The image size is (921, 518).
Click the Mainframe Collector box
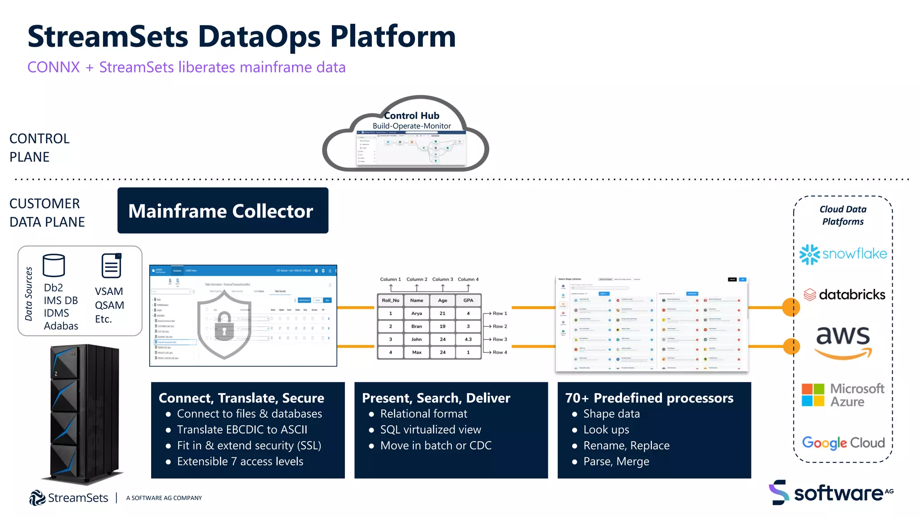point(223,210)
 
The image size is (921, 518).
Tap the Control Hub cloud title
point(411,116)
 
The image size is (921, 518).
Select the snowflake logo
point(843,254)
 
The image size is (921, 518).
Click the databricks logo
point(844,295)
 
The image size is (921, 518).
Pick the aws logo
point(843,342)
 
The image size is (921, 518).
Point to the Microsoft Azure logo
point(843,395)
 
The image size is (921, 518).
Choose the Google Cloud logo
point(843,443)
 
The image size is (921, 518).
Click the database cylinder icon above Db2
point(54,265)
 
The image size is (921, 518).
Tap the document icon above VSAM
point(111,266)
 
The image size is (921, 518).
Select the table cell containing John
point(416,339)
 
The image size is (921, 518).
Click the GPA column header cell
point(468,300)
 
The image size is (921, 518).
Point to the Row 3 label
point(500,339)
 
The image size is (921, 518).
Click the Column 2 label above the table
point(417,279)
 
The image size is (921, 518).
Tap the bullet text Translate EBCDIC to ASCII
point(242,429)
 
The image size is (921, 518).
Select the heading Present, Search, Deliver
point(436,398)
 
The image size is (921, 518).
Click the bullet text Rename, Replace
point(626,446)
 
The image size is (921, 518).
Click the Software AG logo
point(831,493)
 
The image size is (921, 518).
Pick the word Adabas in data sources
point(61,326)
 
